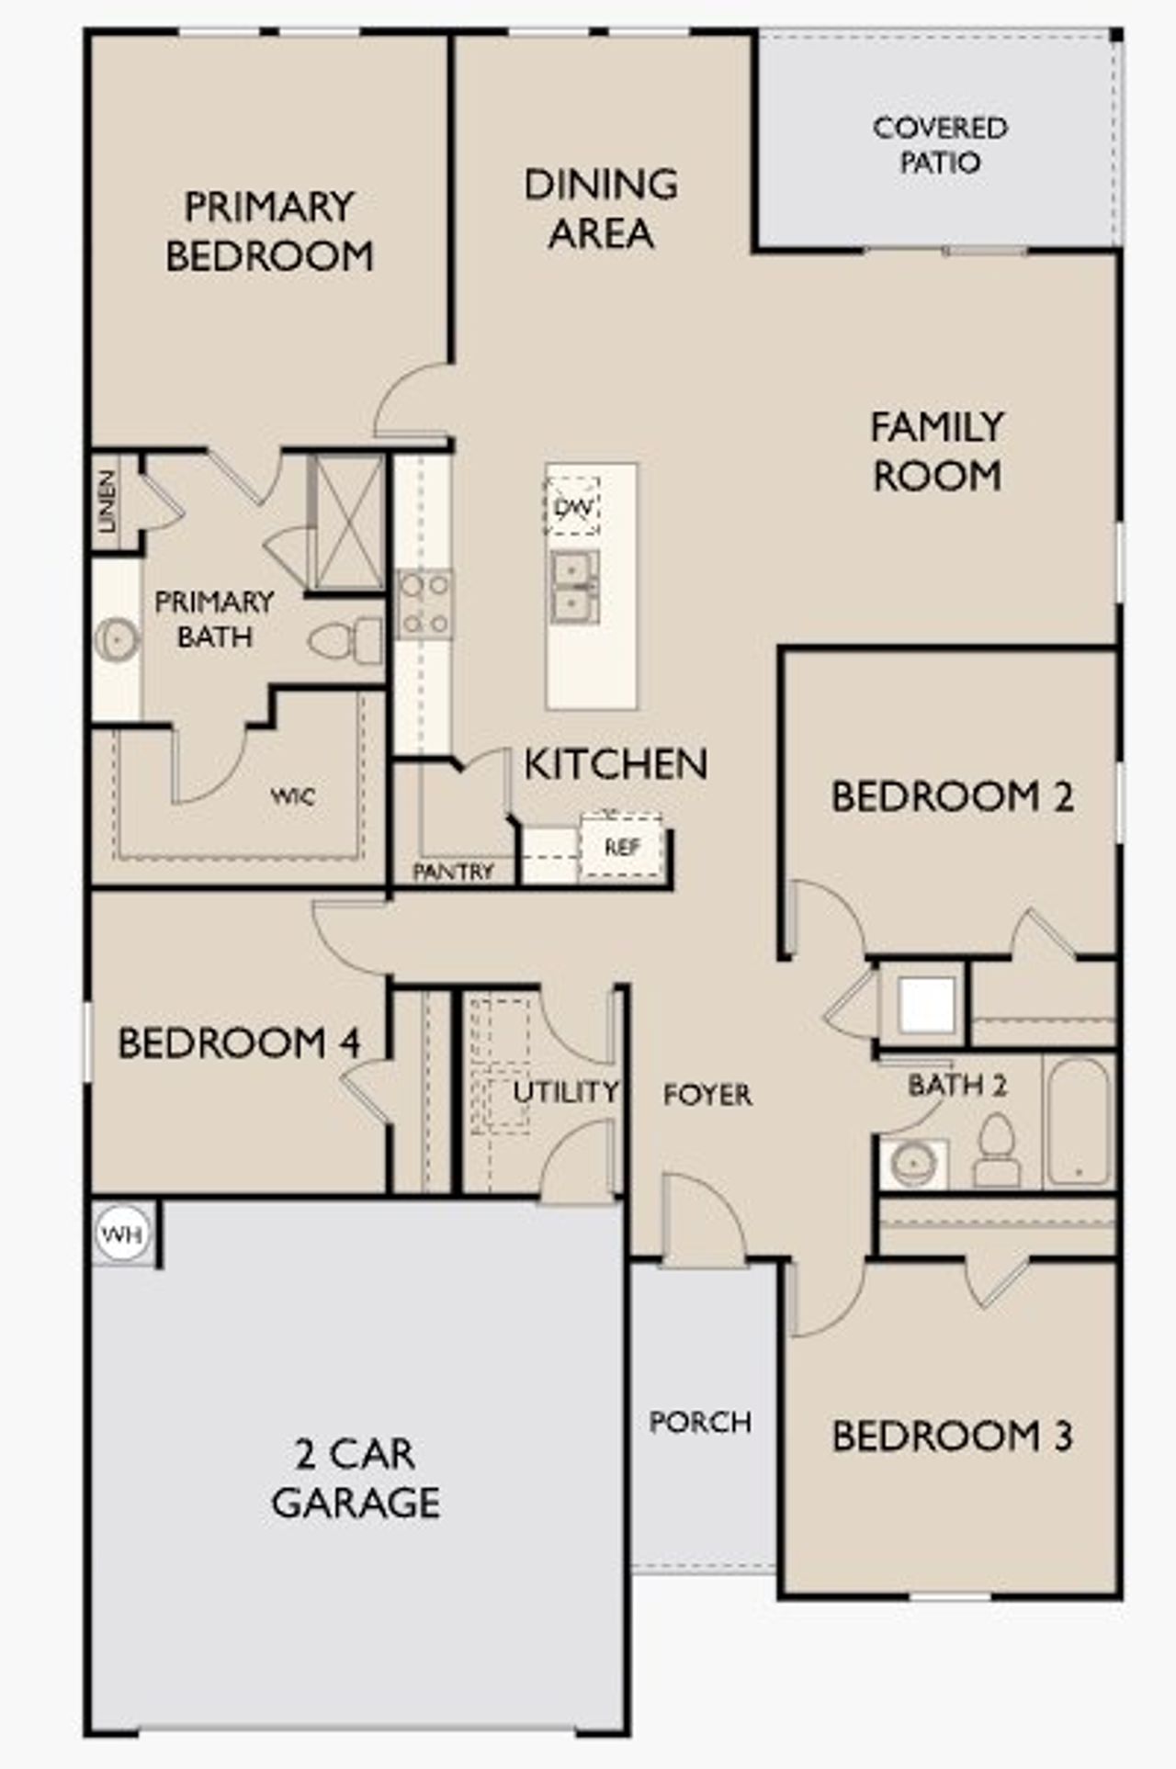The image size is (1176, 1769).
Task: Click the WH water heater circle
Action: pyautogui.click(x=122, y=1234)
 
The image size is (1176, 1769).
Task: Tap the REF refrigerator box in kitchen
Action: pyautogui.click(x=622, y=847)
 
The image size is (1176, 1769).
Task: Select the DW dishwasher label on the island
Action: pyautogui.click(x=573, y=506)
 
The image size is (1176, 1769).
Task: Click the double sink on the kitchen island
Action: pyautogui.click(x=575, y=587)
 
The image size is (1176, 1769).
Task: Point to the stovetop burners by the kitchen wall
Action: pyautogui.click(x=424, y=604)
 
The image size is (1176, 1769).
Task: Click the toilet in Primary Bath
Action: pyautogui.click(x=347, y=641)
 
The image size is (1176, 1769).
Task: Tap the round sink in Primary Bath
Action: pyautogui.click(x=116, y=637)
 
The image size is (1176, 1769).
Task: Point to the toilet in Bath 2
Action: pyautogui.click(x=996, y=1152)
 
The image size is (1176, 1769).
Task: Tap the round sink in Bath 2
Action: pyautogui.click(x=913, y=1165)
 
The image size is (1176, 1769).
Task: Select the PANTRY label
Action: pyautogui.click(x=453, y=872)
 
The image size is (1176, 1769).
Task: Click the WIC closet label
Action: pyautogui.click(x=293, y=796)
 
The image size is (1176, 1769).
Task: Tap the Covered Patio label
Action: pyautogui.click(x=939, y=145)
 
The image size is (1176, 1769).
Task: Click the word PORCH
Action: pyautogui.click(x=700, y=1423)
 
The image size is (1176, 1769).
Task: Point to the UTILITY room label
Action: pyautogui.click(x=565, y=1092)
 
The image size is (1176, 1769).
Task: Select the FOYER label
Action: pyautogui.click(x=707, y=1095)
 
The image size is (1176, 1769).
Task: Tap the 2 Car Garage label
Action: pyautogui.click(x=356, y=1478)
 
